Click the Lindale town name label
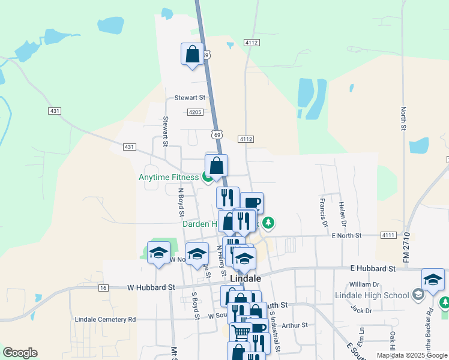point(246,279)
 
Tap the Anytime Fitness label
point(168,178)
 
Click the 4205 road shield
point(194,112)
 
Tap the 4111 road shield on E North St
point(388,236)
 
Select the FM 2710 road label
point(406,245)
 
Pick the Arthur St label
point(294,325)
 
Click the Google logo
point(20,353)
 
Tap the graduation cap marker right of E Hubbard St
point(433,279)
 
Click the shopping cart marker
point(241,332)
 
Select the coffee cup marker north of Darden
point(252,203)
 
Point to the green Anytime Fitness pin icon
point(207,177)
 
